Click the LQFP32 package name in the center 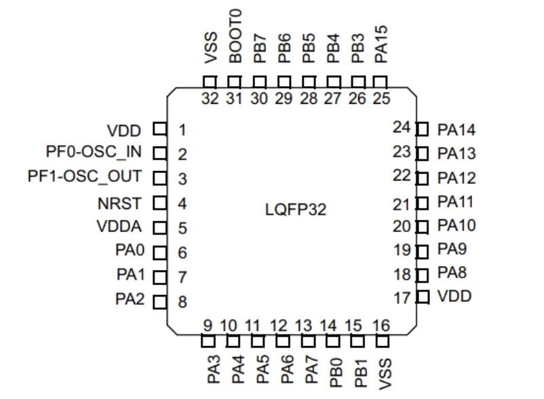coord(295,209)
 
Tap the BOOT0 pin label coord(235,37)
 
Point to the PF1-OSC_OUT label coord(85,177)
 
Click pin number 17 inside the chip coord(403,297)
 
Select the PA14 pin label coord(456,129)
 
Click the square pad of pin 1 coord(160,129)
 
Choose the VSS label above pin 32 coord(210,48)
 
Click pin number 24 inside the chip coord(403,126)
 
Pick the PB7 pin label coord(259,49)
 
